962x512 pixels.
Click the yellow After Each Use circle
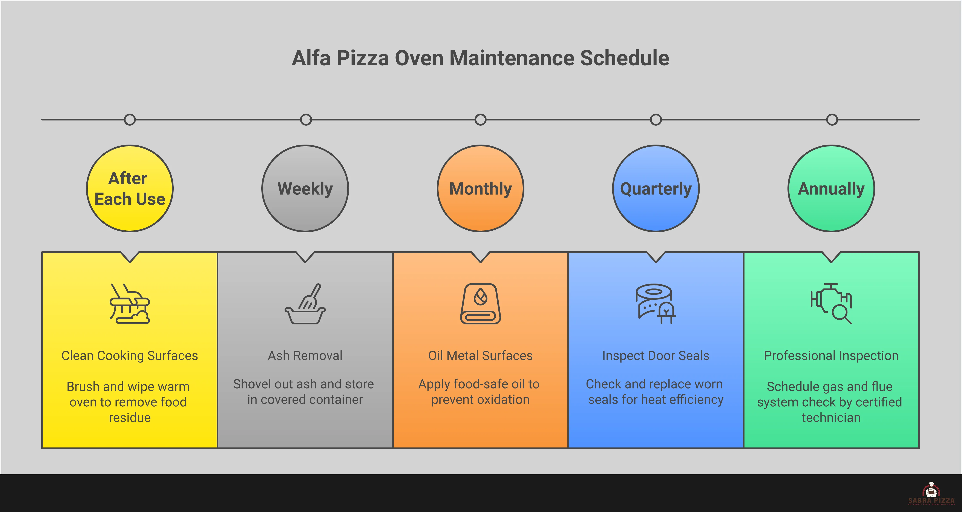[x=130, y=188]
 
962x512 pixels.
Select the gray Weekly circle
[x=305, y=188]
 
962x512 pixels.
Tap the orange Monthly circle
[x=480, y=188]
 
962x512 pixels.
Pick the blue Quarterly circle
[x=656, y=188]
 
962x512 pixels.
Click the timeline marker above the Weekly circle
[x=306, y=120]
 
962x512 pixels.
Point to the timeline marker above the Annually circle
[x=832, y=120]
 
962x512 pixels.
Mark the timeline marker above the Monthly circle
[x=480, y=120]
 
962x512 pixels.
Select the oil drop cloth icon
[x=480, y=304]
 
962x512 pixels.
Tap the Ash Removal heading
[x=305, y=355]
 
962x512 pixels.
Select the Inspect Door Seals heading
[x=656, y=355]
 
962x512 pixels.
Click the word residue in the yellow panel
[x=130, y=417]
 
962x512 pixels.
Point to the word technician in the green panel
[x=831, y=417]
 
